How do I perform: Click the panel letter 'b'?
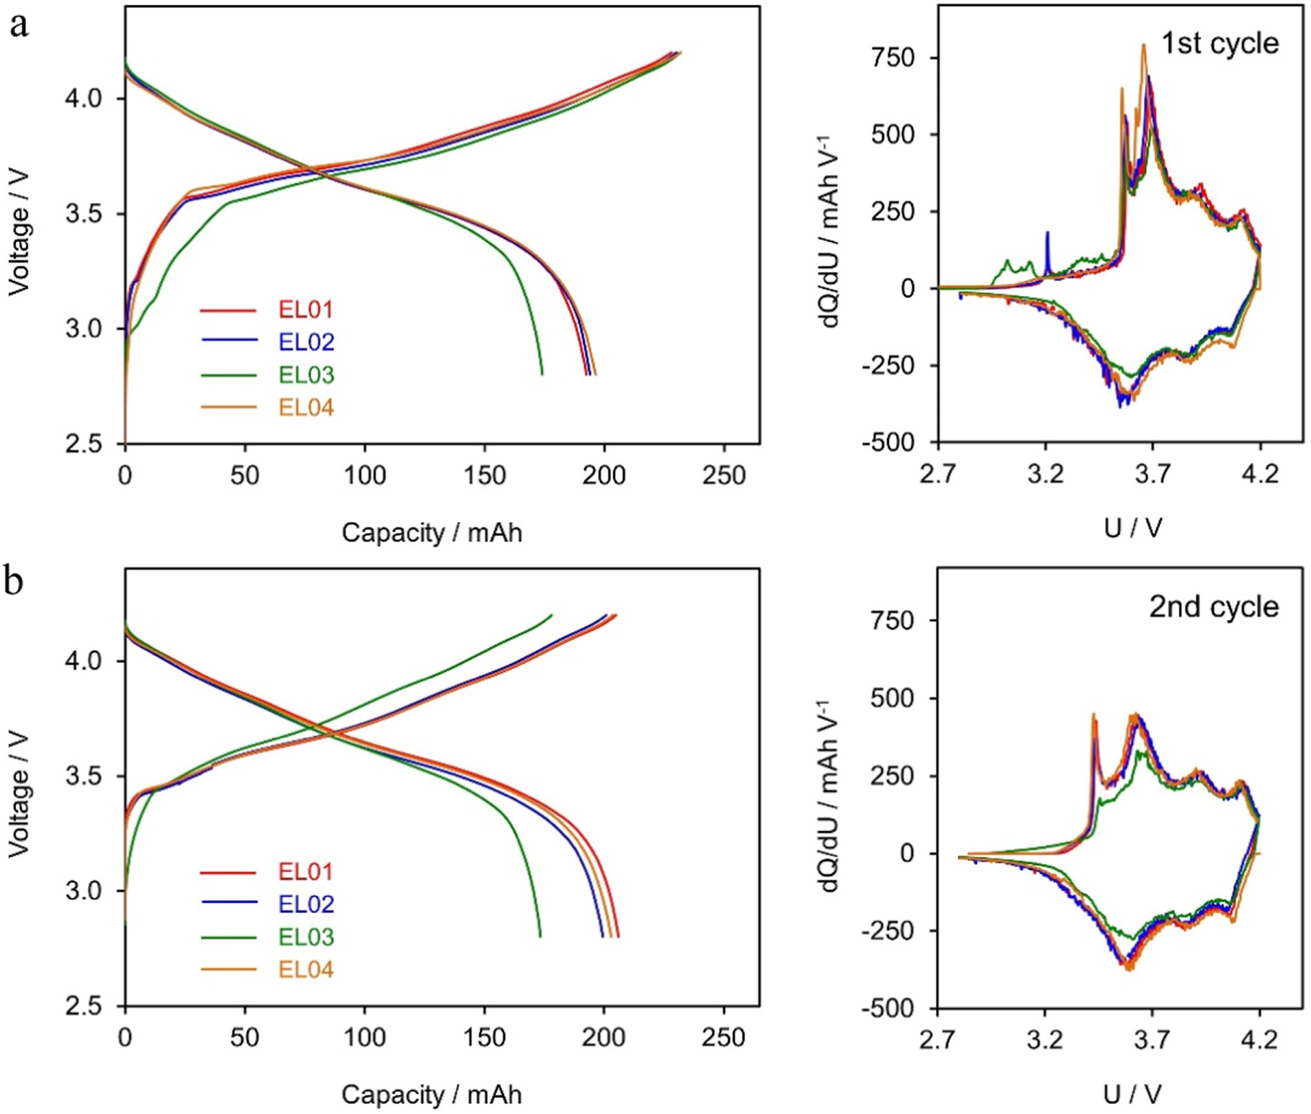point(14,581)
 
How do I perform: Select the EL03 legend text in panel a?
point(306,374)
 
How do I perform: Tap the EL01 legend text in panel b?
point(306,871)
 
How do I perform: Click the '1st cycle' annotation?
point(1220,43)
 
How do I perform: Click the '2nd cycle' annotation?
point(1214,606)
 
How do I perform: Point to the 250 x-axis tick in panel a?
point(723,475)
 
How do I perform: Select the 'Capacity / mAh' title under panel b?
point(431,1095)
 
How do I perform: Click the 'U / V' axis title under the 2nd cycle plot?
point(1132,1095)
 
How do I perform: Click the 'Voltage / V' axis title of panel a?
point(19,232)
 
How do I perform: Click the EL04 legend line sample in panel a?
point(228,408)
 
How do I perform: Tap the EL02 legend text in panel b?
point(306,904)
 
